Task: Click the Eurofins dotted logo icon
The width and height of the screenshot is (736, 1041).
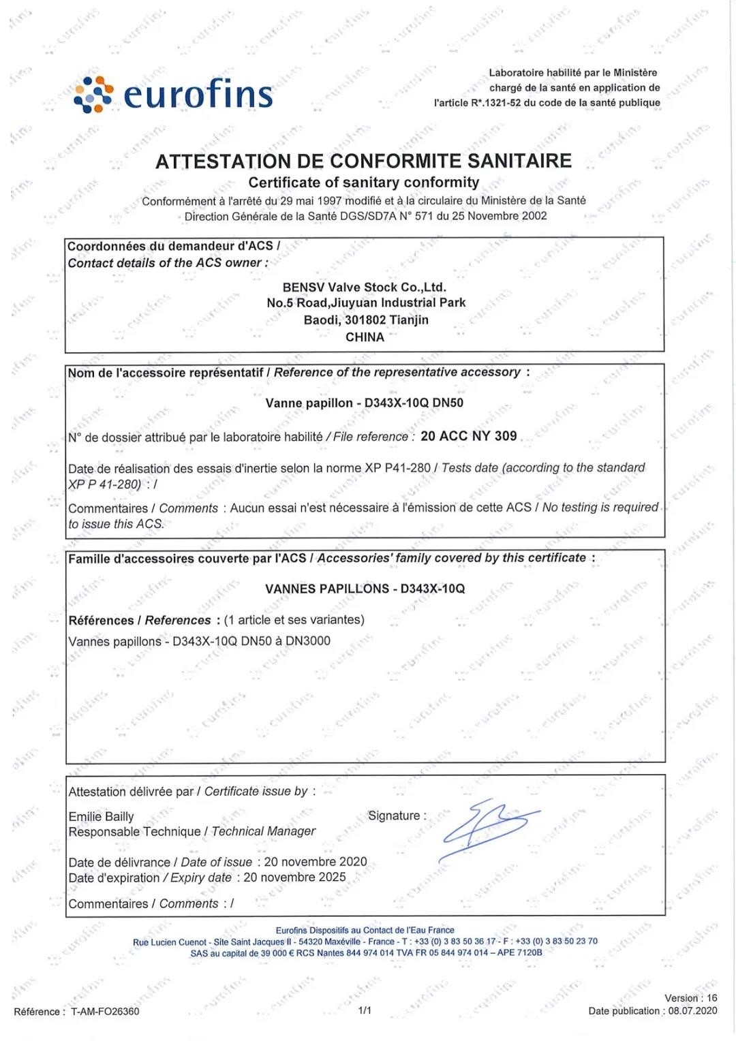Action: (x=93, y=94)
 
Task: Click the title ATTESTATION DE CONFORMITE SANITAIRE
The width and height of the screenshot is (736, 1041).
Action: (x=363, y=161)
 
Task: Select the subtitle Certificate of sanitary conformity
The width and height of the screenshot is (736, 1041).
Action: (x=363, y=183)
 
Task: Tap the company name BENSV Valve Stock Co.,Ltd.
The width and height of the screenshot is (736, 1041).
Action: (x=364, y=287)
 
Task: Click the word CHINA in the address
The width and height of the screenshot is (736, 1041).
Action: (x=365, y=337)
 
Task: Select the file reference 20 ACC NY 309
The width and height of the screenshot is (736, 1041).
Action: (x=469, y=436)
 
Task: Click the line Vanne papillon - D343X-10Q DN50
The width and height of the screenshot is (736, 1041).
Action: (x=364, y=403)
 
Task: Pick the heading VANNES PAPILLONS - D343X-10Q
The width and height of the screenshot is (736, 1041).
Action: (x=365, y=589)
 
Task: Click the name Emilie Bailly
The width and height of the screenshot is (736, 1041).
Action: (x=101, y=816)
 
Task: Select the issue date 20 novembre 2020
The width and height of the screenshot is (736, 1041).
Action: (x=316, y=862)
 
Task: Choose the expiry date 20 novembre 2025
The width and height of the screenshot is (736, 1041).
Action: (x=294, y=877)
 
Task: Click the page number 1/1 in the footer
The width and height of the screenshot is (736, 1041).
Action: (x=365, y=1010)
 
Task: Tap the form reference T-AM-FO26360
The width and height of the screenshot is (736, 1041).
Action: (x=105, y=1012)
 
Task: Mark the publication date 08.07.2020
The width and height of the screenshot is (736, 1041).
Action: (x=692, y=1011)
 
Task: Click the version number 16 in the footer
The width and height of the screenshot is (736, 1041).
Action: (x=711, y=998)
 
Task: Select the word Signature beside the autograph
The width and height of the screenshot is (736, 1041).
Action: (x=394, y=815)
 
